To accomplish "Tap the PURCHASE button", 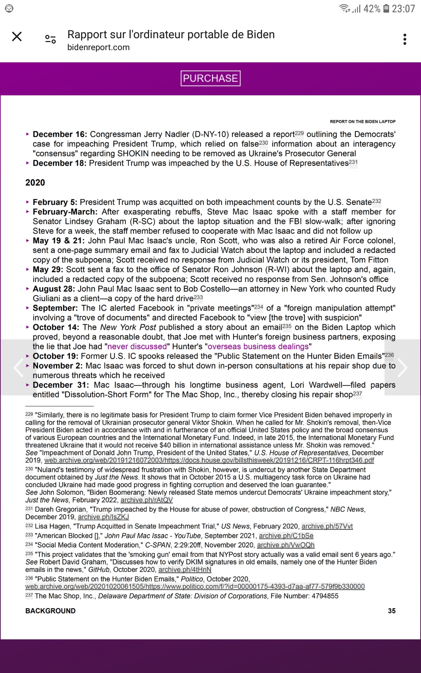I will (210, 78).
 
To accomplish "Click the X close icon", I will (17, 36).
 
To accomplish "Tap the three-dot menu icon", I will (405, 39).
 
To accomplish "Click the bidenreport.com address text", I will (99, 47).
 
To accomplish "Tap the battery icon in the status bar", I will (386, 9).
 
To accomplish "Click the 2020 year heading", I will (35, 183).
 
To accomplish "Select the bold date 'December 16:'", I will (60, 134).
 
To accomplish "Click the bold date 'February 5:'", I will (55, 202).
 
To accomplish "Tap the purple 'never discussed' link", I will (137, 347).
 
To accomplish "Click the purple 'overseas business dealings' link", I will (258, 347).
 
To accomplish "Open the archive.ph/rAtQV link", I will (147, 500).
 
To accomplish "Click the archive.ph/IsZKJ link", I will (103, 517).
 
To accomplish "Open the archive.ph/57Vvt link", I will (327, 526).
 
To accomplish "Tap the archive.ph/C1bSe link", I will (286, 536).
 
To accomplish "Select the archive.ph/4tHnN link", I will (185, 570).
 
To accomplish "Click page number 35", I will (392, 611).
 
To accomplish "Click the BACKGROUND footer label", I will (51, 611).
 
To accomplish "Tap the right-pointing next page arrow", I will (402, 367).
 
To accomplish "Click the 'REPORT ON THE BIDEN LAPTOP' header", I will (362, 122).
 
